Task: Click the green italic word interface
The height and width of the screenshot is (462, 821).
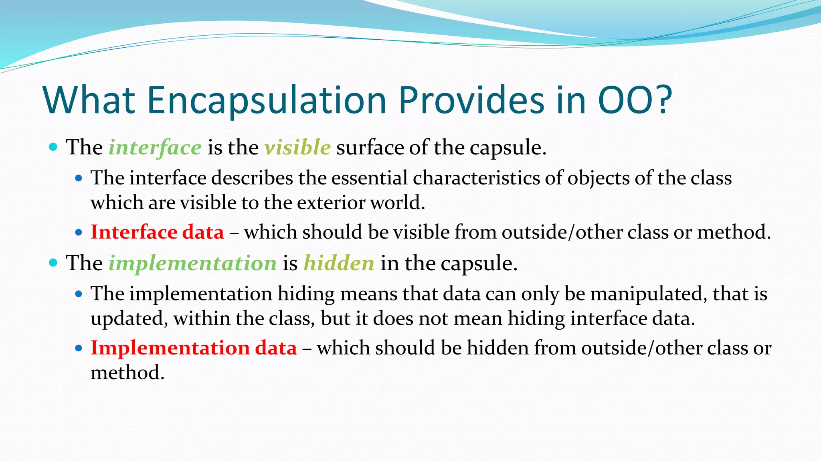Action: coord(155,147)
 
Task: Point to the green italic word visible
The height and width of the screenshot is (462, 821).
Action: coord(297,147)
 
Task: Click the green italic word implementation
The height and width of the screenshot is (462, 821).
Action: coord(192,263)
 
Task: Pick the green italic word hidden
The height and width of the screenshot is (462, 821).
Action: coord(339,263)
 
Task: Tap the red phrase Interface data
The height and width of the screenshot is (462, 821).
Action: coord(157,232)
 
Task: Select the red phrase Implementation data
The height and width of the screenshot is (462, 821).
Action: coord(194,348)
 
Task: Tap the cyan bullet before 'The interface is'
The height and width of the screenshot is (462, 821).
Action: coord(53,147)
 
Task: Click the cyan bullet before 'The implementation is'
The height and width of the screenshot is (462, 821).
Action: coord(53,263)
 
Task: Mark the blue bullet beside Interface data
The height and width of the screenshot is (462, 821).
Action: coord(79,233)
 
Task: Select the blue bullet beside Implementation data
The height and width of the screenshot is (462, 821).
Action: coord(79,348)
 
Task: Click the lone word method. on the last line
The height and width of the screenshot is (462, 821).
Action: coord(127,373)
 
